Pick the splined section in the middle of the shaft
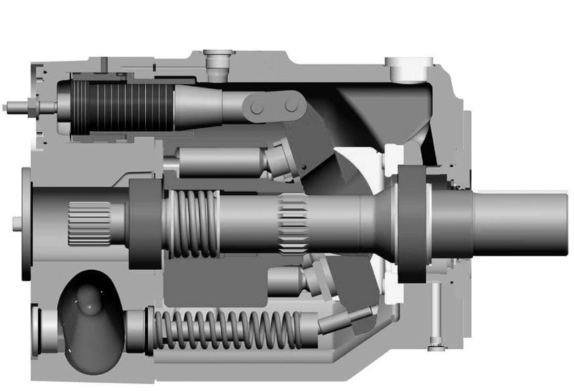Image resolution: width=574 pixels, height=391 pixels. [293, 222]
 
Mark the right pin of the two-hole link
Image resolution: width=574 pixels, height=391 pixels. [291, 106]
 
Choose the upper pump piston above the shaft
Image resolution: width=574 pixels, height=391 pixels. [222, 162]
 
